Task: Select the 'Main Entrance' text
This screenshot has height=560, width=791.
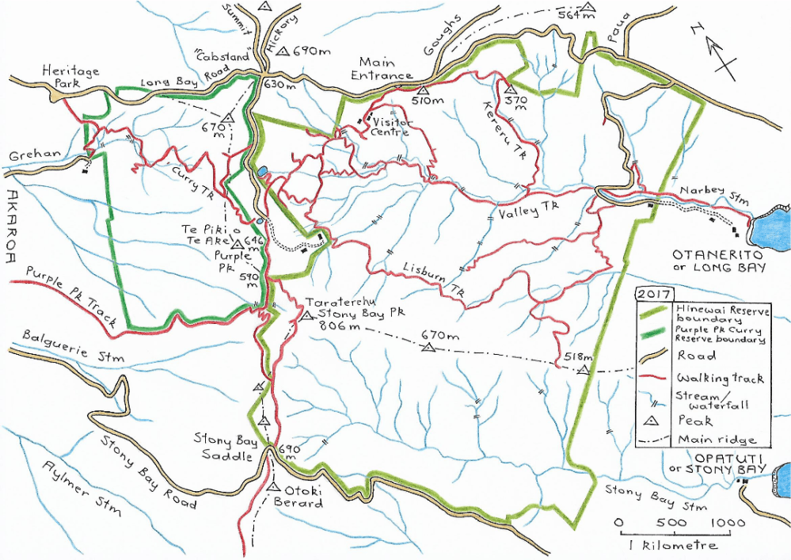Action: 386,69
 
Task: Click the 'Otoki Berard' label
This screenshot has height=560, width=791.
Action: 302,497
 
